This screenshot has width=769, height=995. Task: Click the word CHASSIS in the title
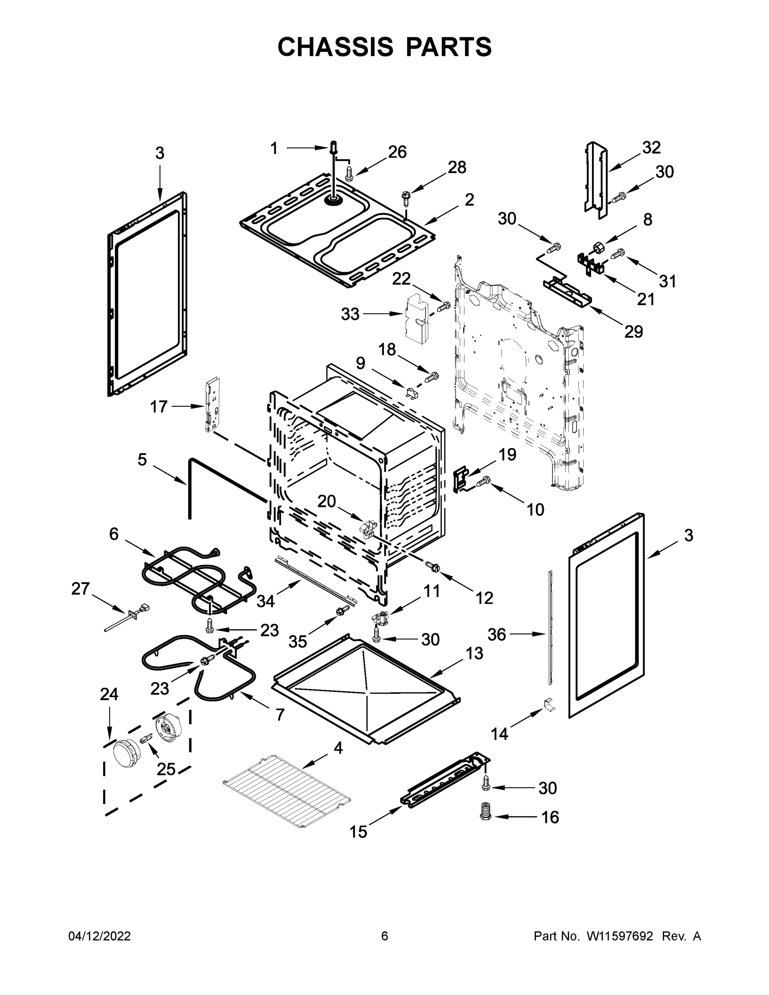335,47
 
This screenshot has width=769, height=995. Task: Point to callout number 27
81,589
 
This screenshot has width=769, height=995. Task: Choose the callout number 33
350,314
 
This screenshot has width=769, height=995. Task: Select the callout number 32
651,147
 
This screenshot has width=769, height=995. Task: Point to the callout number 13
474,653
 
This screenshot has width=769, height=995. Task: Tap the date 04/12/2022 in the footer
99,936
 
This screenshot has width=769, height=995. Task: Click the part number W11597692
620,936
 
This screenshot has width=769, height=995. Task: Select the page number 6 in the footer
385,936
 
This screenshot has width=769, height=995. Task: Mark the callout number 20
327,501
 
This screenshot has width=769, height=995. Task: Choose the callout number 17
159,406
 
